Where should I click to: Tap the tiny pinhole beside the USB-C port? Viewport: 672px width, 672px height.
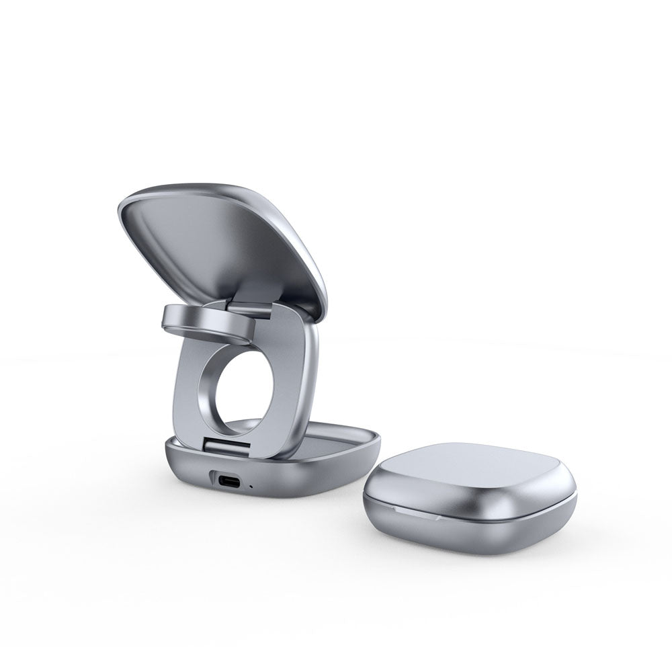[251, 485]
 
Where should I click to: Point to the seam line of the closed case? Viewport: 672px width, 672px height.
[470, 517]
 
